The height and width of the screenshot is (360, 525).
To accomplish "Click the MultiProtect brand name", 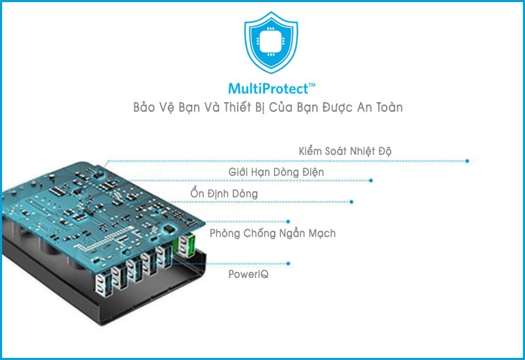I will pyautogui.click(x=267, y=89).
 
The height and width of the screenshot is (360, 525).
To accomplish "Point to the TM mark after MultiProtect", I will pyautogui.click(x=312, y=85).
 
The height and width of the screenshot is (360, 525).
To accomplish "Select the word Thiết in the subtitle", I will pyautogui.click(x=255, y=108).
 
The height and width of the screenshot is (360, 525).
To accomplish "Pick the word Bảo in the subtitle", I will pyautogui.click(x=145, y=108).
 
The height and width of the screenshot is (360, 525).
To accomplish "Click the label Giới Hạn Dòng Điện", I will pyautogui.click(x=276, y=172).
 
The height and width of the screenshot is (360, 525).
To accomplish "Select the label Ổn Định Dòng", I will pyautogui.click(x=224, y=193).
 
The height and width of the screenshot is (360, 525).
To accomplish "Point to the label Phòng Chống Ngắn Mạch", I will pyautogui.click(x=273, y=234).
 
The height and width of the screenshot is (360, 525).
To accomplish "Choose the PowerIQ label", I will pyautogui.click(x=248, y=275).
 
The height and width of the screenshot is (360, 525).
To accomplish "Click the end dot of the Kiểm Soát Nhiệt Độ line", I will pyautogui.click(x=467, y=161).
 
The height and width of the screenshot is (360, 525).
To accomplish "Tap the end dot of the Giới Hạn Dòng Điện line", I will pyautogui.click(x=371, y=181).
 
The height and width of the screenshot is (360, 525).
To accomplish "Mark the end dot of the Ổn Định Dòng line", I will pyautogui.click(x=352, y=202).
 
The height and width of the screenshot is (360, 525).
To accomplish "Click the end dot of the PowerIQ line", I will pyautogui.click(x=289, y=263).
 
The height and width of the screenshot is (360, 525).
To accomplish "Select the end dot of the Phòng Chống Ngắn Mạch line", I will pyautogui.click(x=288, y=222).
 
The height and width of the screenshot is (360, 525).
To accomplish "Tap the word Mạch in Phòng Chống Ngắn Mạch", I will pyautogui.click(x=321, y=234).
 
